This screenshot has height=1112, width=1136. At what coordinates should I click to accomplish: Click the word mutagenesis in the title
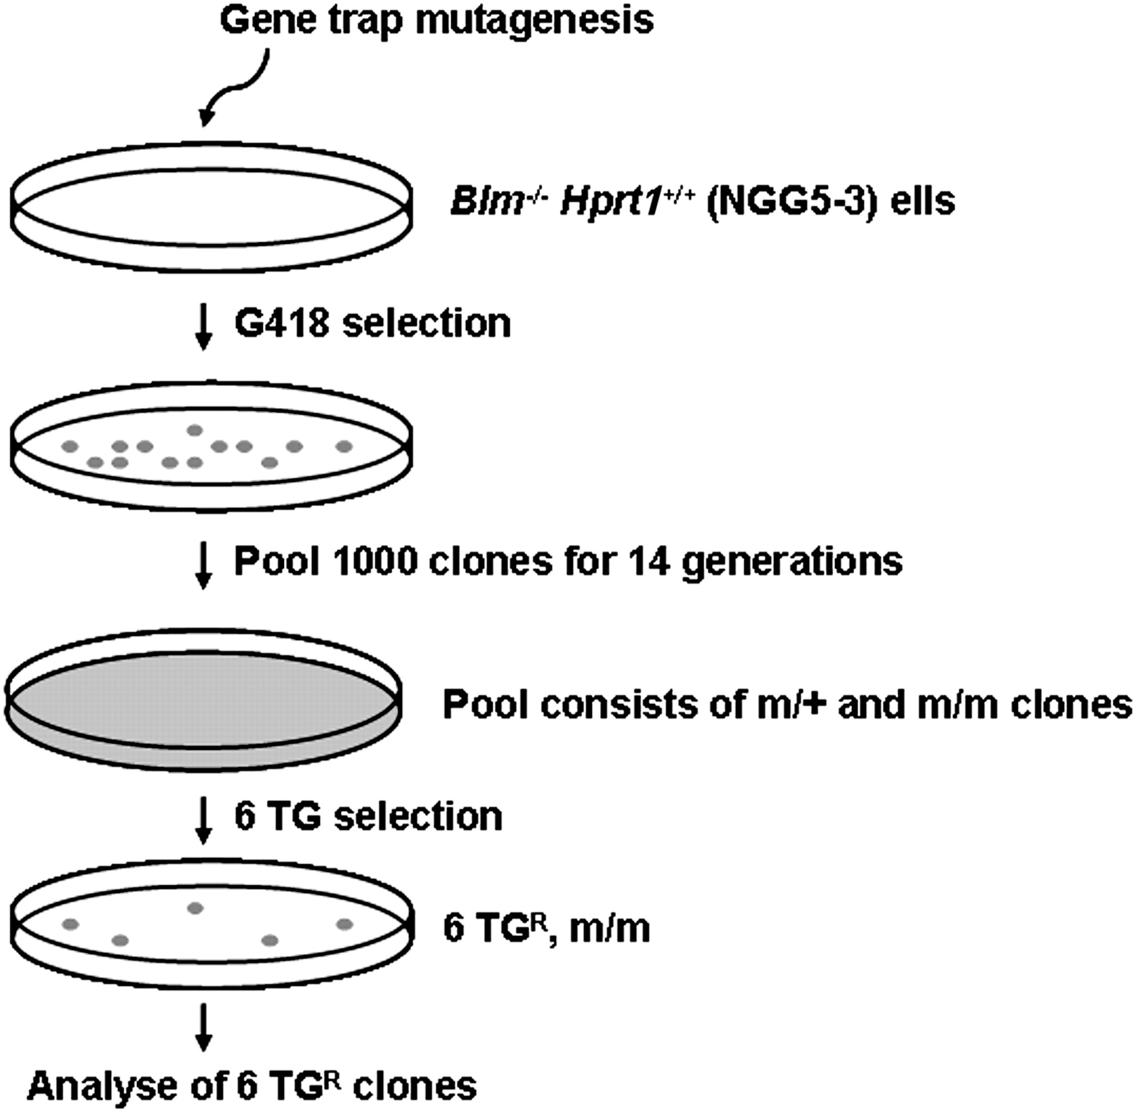click(534, 20)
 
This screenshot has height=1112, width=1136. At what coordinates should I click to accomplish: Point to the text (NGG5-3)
click(791, 202)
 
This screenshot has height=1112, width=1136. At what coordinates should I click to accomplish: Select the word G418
click(282, 323)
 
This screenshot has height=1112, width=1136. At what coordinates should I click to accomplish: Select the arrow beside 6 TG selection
click(203, 819)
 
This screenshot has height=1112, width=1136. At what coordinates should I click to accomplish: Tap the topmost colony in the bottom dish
click(195, 908)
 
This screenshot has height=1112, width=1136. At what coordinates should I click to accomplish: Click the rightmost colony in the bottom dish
click(344, 924)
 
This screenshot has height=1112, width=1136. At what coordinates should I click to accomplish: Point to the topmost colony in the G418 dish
click(195, 430)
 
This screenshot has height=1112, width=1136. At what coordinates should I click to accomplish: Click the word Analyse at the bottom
click(102, 1085)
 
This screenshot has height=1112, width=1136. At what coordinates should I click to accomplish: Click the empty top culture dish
click(211, 206)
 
